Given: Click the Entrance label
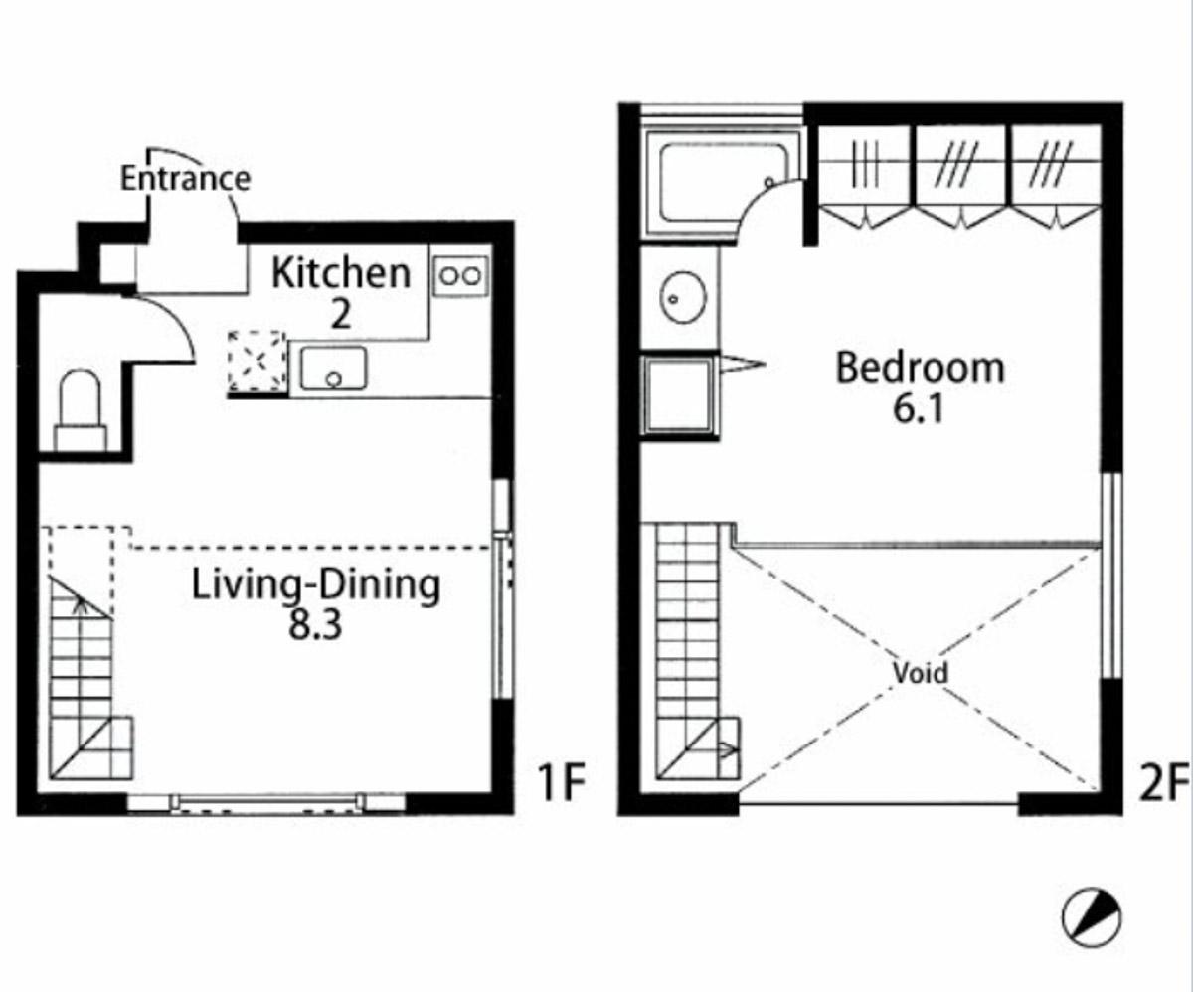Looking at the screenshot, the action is pyautogui.click(x=185, y=178).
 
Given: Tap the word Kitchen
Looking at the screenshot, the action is pyautogui.click(x=341, y=273).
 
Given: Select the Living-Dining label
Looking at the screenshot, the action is pyautogui.click(x=316, y=584).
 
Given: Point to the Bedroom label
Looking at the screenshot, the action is pyautogui.click(x=920, y=368).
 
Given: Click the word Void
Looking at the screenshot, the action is pyautogui.click(x=921, y=673).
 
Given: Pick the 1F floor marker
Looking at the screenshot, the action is pyautogui.click(x=562, y=783).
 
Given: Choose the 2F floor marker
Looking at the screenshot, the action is pyautogui.click(x=1164, y=783).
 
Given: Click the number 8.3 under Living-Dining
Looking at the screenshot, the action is pyautogui.click(x=315, y=624).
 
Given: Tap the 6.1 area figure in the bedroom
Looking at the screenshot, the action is pyautogui.click(x=919, y=410).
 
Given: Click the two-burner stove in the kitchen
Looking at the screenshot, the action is pyautogui.click(x=460, y=276).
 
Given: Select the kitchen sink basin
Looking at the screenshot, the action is pyautogui.click(x=334, y=368).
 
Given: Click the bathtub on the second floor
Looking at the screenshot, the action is pyautogui.click(x=724, y=183).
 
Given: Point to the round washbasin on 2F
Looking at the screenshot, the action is pyautogui.click(x=683, y=298).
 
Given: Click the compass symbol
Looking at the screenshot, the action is pyautogui.click(x=1092, y=917).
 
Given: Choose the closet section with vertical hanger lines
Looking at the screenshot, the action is pyautogui.click(x=866, y=176).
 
